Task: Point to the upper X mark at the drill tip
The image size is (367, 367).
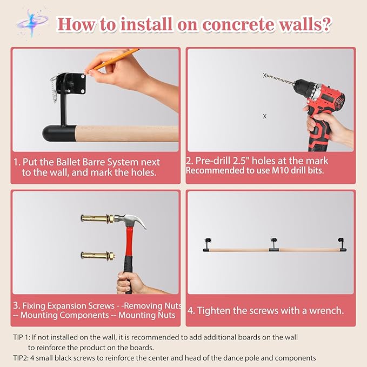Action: pyautogui.click(x=265, y=76)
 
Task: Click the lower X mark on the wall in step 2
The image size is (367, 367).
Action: pyautogui.click(x=264, y=116)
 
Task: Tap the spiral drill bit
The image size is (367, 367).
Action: pyautogui.click(x=280, y=80)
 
